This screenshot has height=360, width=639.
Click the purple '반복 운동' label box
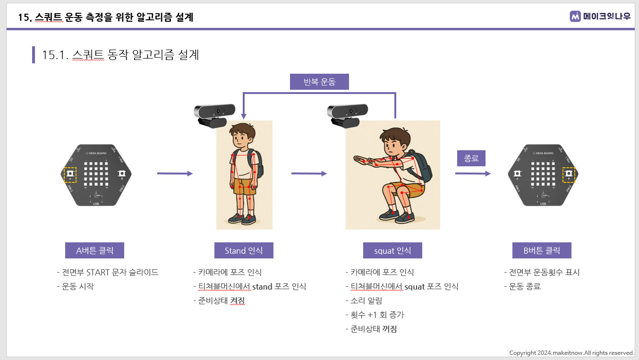point(319,82)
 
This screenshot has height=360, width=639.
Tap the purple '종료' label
point(471,158)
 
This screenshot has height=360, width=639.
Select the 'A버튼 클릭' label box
point(94,250)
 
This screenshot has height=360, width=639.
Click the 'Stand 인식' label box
point(244,250)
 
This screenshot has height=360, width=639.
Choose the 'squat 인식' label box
point(392,250)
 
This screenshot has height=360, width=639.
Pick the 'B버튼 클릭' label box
point(542,250)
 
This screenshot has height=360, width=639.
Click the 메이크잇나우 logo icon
point(575,16)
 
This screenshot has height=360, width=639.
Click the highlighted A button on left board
point(70,174)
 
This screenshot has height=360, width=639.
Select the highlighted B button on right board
point(568,174)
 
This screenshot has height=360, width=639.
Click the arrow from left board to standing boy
point(175,173)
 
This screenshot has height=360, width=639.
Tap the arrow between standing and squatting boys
point(309,173)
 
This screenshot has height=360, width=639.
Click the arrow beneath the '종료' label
point(473,173)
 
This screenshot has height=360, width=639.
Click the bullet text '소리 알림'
point(366,300)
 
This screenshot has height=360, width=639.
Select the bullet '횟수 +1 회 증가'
point(377,315)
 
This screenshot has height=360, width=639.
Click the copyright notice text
point(571,353)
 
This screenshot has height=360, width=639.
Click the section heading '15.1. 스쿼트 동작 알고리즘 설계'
point(120,55)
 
